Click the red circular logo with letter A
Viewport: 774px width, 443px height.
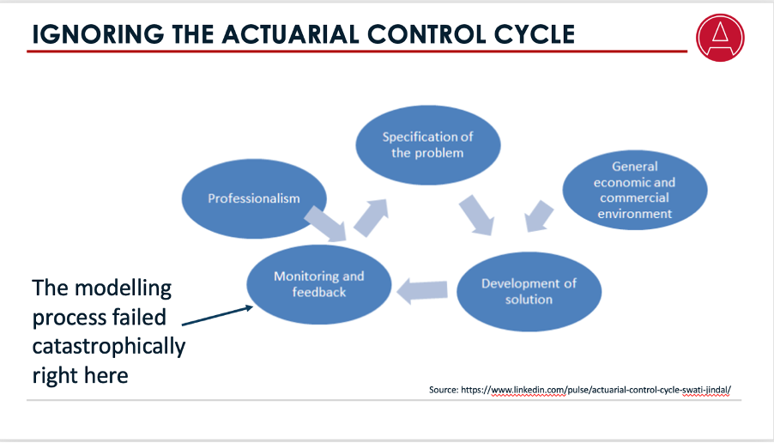pos(722,39)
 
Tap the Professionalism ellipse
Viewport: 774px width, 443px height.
pos(254,198)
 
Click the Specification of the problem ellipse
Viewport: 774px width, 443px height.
pos(427,145)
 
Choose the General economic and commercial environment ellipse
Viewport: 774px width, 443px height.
pos(635,191)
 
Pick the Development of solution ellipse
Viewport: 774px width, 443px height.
pos(529,292)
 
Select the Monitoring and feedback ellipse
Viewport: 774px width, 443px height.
pos(319,285)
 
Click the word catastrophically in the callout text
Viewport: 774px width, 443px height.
pos(109,347)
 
